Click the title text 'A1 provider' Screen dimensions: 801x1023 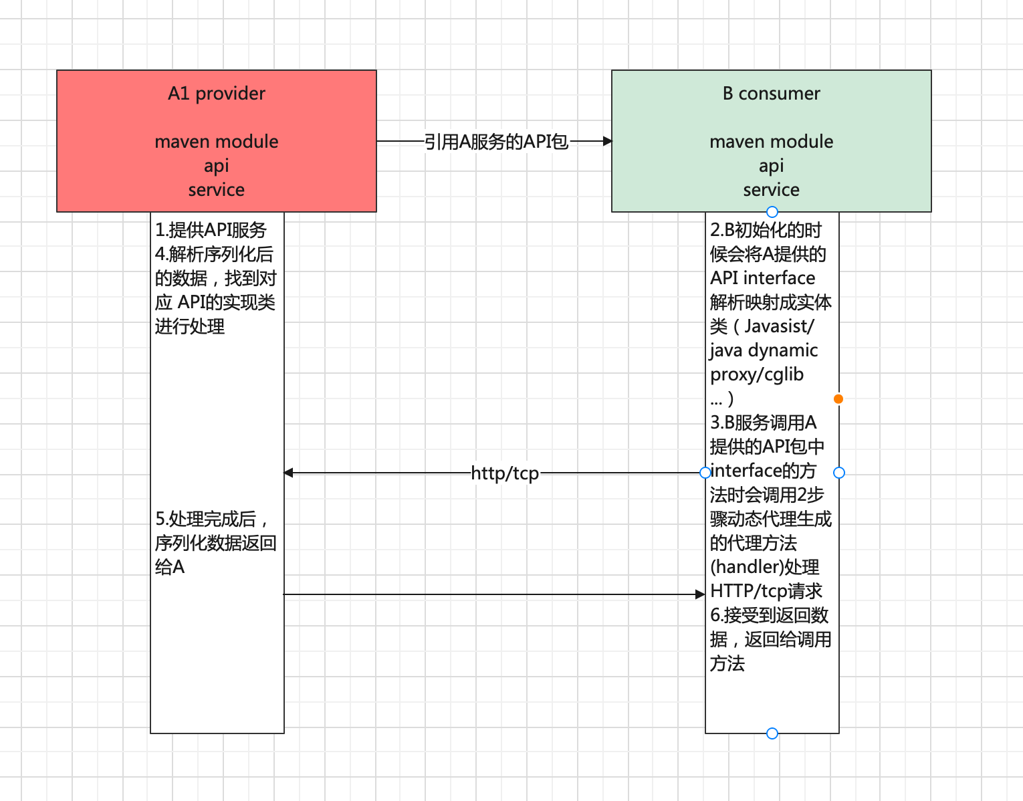click(216, 94)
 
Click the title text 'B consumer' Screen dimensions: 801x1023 click(771, 94)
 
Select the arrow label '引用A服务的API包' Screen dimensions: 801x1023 click(495, 142)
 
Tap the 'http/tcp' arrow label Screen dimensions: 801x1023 click(505, 473)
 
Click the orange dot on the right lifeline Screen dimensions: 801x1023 click(838, 399)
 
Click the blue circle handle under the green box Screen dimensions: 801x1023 click(772, 212)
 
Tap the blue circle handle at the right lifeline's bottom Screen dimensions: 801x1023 click(772, 733)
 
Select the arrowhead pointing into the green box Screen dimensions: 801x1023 click(607, 141)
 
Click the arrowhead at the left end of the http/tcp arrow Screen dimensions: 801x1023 click(289, 473)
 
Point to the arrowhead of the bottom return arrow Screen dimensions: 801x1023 click(700, 594)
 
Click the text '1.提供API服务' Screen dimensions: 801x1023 click(211, 230)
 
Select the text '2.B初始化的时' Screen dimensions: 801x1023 click(766, 230)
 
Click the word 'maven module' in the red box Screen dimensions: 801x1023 click(216, 142)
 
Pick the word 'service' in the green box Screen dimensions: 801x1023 click(771, 190)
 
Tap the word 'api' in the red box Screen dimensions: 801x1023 click(216, 166)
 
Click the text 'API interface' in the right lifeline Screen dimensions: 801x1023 click(762, 278)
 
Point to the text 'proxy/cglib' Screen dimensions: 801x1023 click(756, 374)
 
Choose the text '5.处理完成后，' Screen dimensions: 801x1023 click(212, 519)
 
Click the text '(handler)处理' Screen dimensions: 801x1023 click(764, 567)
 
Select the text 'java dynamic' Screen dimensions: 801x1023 click(764, 350)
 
